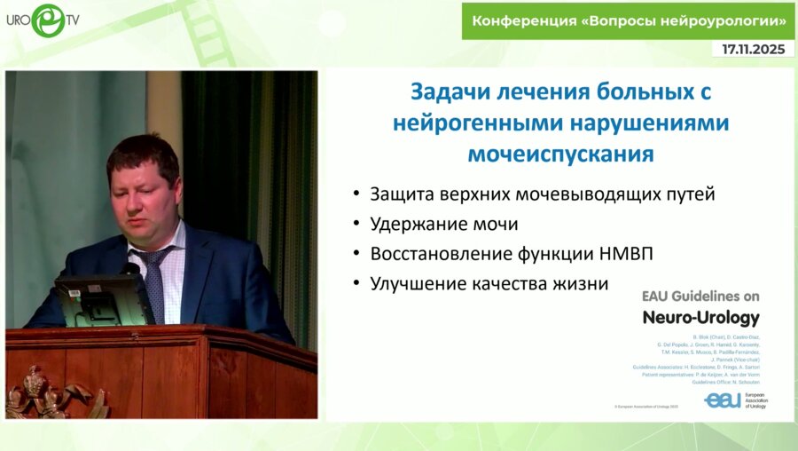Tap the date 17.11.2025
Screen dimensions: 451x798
click(x=753, y=50)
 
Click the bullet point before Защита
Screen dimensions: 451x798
click(x=356, y=194)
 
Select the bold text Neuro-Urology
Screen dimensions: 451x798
click(x=700, y=318)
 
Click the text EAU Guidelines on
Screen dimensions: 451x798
click(x=700, y=297)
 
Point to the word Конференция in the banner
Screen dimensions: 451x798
click(x=523, y=20)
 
